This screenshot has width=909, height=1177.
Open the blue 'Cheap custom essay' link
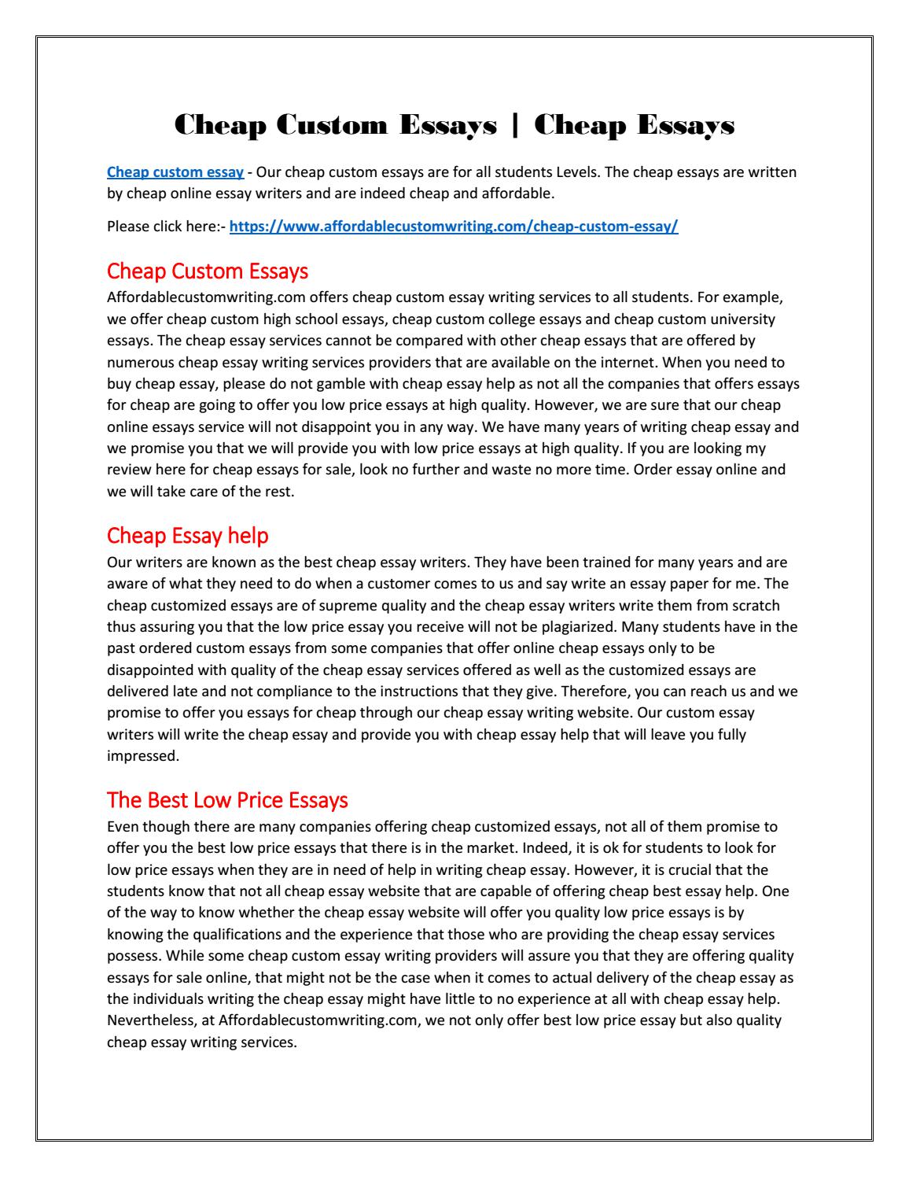175,172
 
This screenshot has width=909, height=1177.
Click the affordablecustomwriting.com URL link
453,227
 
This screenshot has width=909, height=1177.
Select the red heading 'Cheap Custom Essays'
207,271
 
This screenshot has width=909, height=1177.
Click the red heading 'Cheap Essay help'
187,536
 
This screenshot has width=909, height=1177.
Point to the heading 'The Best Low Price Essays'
226,800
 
